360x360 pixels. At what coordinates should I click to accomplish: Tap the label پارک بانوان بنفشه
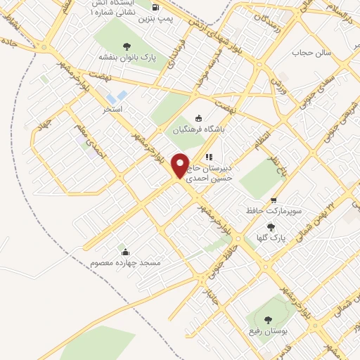coord(131,56)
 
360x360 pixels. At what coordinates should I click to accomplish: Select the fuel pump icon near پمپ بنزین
coord(154,8)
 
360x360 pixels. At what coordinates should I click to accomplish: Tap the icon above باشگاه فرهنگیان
coord(198,118)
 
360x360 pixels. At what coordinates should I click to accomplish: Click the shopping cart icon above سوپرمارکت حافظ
coord(273,200)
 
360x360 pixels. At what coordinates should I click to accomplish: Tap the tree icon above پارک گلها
coord(271,227)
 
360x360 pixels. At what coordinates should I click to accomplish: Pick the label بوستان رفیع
coord(264,330)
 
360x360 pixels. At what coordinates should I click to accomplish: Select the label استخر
coord(112,110)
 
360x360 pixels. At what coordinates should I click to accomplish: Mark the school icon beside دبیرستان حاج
coord(207,156)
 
